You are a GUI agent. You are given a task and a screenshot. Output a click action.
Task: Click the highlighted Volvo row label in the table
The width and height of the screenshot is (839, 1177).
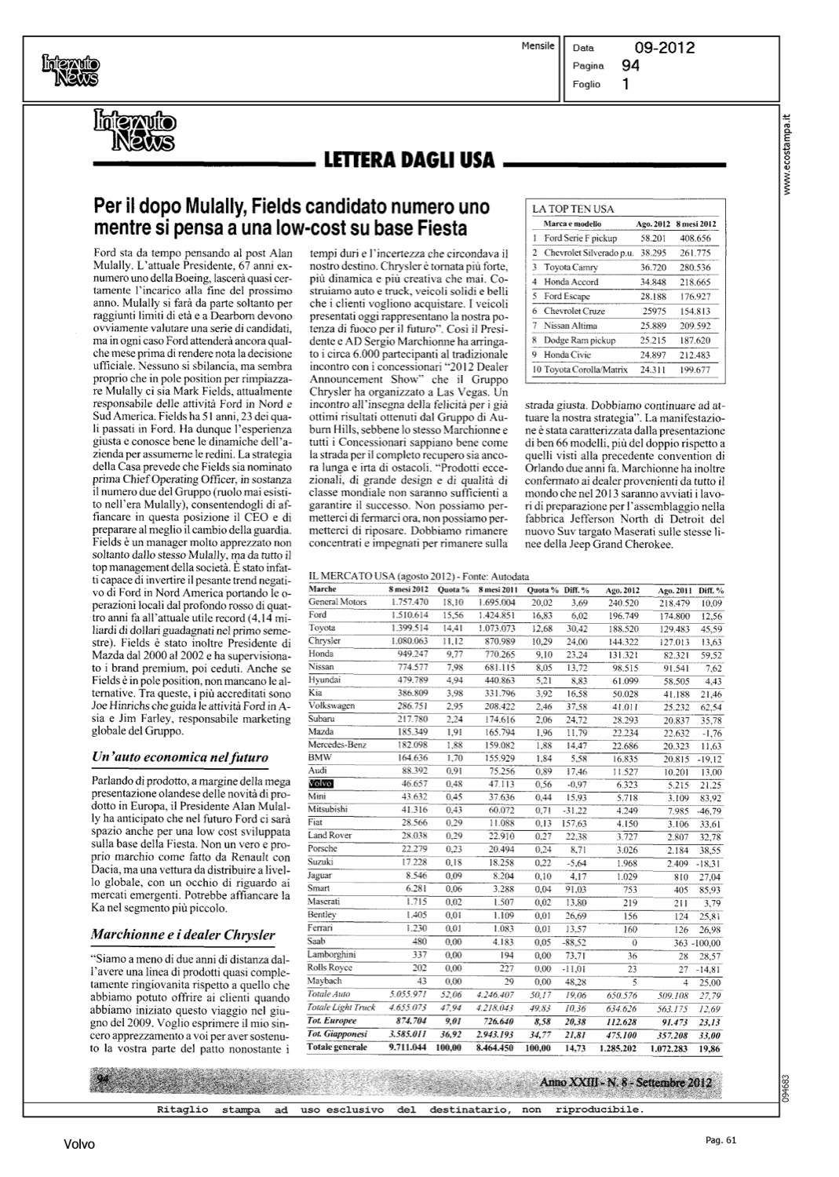point(322,784)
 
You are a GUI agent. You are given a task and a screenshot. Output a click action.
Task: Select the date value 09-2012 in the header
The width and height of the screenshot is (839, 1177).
point(665,49)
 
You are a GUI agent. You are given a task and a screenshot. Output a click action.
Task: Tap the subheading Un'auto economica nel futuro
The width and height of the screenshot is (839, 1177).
point(180,757)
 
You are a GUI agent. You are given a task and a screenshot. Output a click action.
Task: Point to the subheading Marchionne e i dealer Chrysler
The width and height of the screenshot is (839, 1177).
point(183,935)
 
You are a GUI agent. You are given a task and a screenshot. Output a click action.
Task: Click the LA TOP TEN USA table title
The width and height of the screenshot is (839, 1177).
point(573,210)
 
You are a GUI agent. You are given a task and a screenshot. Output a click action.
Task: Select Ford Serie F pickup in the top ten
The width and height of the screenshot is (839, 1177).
point(580,238)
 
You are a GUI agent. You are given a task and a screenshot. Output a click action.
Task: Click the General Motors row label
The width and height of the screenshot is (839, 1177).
point(337,602)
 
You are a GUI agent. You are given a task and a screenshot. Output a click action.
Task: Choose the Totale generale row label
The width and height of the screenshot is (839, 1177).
point(337,1047)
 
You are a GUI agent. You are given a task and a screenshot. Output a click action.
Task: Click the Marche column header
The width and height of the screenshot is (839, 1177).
point(323,588)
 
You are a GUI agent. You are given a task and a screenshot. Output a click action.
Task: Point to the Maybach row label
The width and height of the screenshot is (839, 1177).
point(325,981)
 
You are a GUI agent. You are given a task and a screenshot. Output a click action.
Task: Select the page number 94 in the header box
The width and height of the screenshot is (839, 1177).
point(630,67)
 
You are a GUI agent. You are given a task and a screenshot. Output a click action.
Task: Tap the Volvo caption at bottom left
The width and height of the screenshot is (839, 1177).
point(79,1145)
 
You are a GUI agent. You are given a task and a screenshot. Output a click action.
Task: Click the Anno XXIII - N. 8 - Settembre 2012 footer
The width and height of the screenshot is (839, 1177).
point(626,1084)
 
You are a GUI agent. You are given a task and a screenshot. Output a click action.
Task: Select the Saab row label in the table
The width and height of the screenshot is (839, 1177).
point(317,942)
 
